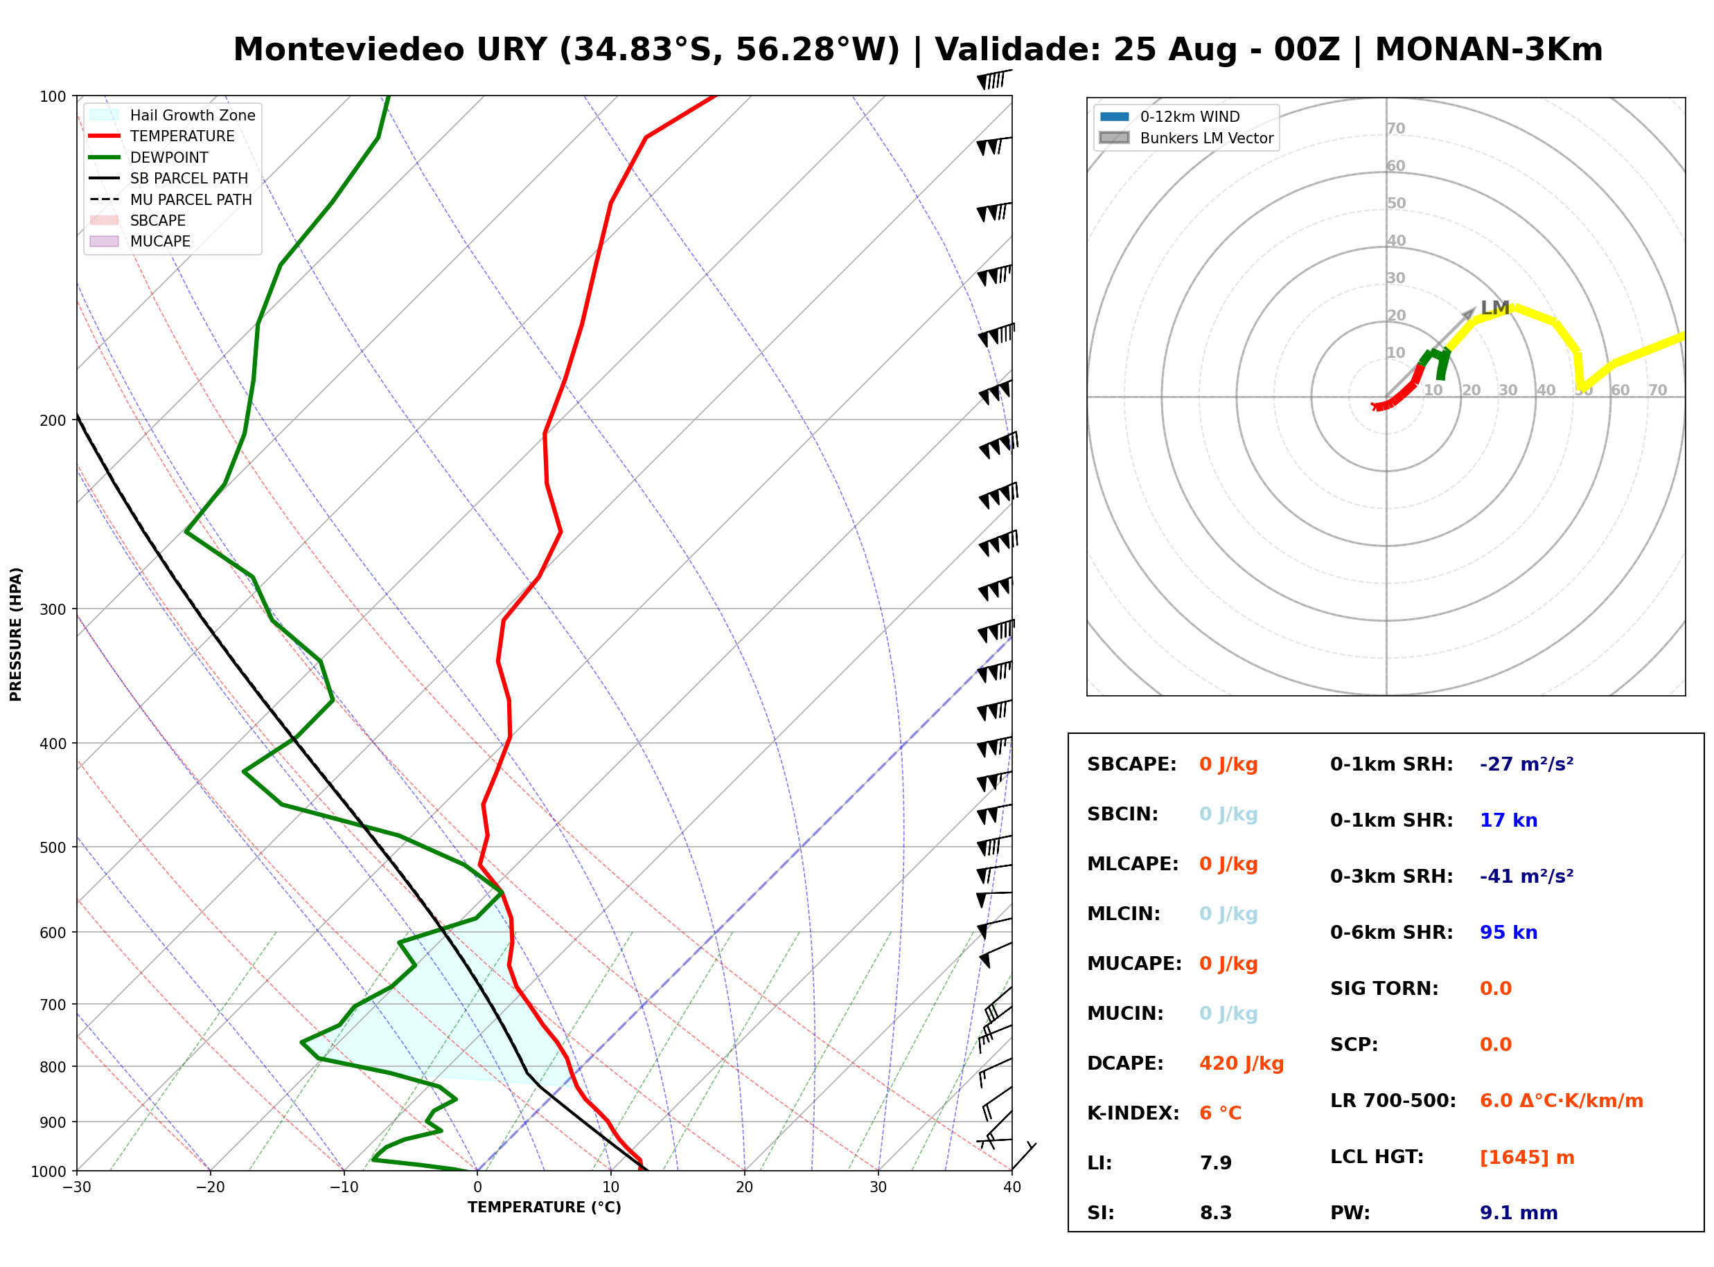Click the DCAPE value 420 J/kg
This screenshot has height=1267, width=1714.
tap(1241, 1063)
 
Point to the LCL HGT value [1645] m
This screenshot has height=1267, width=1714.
tap(1526, 1158)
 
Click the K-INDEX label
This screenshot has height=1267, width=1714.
tap(1133, 1113)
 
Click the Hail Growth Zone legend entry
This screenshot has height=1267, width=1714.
tap(172, 115)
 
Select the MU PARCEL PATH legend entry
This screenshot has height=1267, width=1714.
tap(170, 199)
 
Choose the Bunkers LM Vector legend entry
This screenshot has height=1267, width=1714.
tap(1186, 138)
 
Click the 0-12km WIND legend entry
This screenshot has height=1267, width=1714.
tap(1169, 116)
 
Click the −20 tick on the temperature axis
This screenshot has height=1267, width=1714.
tap(209, 1187)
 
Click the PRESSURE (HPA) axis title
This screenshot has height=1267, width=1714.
tap(16, 633)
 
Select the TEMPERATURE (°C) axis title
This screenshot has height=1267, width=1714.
tap(544, 1207)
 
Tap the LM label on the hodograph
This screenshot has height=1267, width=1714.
tap(1494, 307)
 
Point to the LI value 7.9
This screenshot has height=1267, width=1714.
tap(1215, 1162)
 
